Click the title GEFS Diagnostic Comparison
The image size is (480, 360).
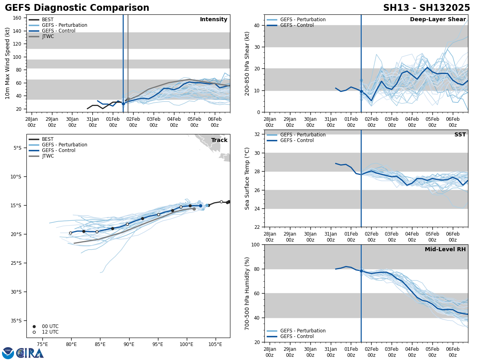point(77,8)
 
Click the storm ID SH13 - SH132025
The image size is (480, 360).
point(426,8)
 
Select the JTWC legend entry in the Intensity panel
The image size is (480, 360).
point(48,36)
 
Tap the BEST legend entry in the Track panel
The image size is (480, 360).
point(48,139)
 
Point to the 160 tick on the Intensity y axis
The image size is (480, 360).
point(17,18)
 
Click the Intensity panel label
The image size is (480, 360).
point(213,20)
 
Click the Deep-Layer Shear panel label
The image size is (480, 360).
point(438,20)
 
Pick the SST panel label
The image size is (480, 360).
point(460,135)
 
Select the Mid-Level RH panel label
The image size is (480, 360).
point(445,250)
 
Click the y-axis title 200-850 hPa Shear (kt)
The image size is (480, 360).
point(248,64)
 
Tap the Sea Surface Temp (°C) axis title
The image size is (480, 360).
point(248,178)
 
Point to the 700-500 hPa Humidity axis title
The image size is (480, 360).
point(248,293)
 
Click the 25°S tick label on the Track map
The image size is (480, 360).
point(16,263)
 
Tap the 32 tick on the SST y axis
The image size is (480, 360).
point(256,134)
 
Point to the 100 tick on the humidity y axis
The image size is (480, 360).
point(255,244)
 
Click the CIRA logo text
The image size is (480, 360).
point(30,353)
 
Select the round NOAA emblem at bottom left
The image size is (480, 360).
point(8,353)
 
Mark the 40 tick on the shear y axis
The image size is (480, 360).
point(256,26)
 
